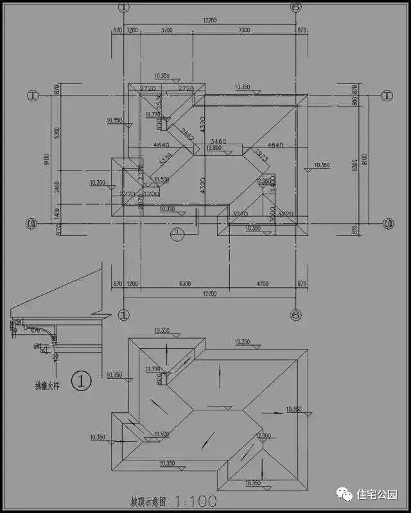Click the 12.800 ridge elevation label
pyautogui.click(x=213, y=147)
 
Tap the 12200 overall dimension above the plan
pyautogui.click(x=209, y=21)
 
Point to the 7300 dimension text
pyautogui.click(x=245, y=30)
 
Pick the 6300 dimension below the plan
pyautogui.click(x=184, y=283)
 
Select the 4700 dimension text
pyautogui.click(x=263, y=283)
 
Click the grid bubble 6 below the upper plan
pyautogui.click(x=296, y=315)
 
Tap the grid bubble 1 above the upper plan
pyautogui.click(x=124, y=6)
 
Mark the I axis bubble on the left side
pyautogui.click(x=33, y=96)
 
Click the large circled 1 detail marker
pyautogui.click(x=82, y=381)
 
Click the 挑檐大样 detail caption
pyautogui.click(x=47, y=386)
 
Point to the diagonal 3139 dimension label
pyautogui.click(x=165, y=158)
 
